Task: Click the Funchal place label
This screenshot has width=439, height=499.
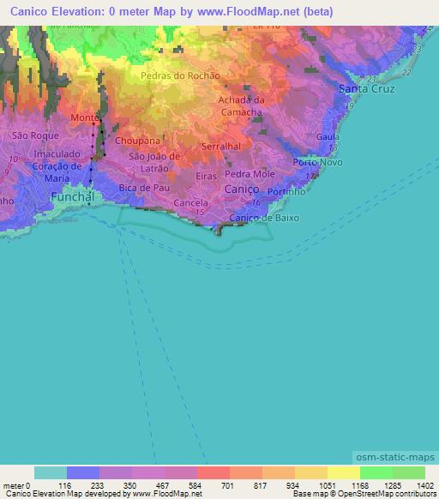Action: click(x=71, y=196)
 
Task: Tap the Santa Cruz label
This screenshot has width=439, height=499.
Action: click(x=367, y=89)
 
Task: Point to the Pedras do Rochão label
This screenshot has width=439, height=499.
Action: click(x=180, y=75)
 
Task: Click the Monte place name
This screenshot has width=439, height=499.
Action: click(x=84, y=117)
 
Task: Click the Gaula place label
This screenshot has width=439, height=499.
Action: click(x=328, y=137)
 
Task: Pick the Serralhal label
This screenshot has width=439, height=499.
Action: click(x=220, y=147)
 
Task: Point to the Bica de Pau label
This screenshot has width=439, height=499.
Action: click(x=141, y=187)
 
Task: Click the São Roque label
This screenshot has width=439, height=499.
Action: click(x=33, y=135)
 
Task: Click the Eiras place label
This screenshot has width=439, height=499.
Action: click(x=206, y=175)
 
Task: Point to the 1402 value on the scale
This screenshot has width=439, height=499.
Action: click(x=424, y=484)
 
